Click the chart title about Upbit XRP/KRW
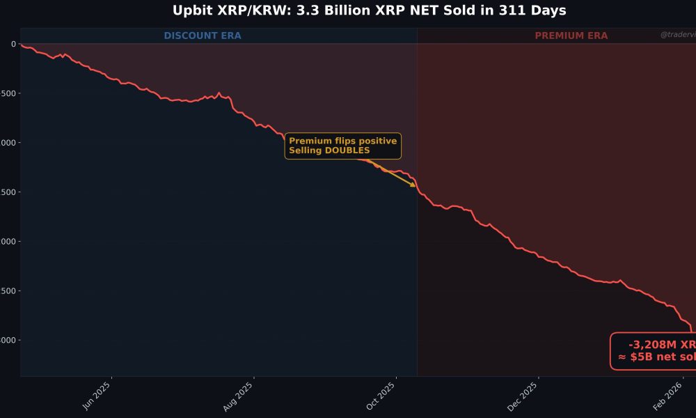369,10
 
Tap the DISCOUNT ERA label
203,36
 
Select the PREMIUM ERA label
571,36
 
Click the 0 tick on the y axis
13,44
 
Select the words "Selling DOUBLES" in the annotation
329,150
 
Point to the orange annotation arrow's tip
416,187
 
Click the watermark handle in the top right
677,35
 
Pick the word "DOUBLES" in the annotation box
347,150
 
